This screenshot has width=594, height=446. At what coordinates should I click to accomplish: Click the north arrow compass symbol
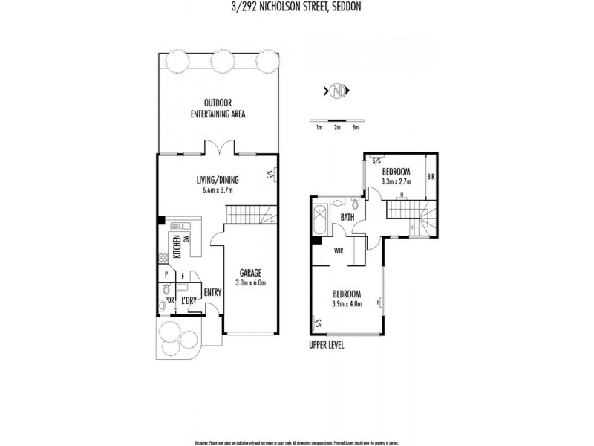coord(338,91)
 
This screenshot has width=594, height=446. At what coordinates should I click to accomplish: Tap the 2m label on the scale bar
coord(337,129)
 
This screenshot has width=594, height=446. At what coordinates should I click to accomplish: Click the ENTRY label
coord(212,291)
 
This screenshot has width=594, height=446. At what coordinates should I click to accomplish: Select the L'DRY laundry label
coord(189,300)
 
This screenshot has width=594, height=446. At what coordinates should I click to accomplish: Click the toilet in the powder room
coord(161,305)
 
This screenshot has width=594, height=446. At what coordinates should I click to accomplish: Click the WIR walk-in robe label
coord(337,250)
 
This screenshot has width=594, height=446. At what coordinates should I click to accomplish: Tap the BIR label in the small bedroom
coord(431,178)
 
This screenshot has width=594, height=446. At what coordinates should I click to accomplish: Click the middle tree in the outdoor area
coord(220,62)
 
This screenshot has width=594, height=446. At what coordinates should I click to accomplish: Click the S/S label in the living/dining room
coord(270,175)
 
